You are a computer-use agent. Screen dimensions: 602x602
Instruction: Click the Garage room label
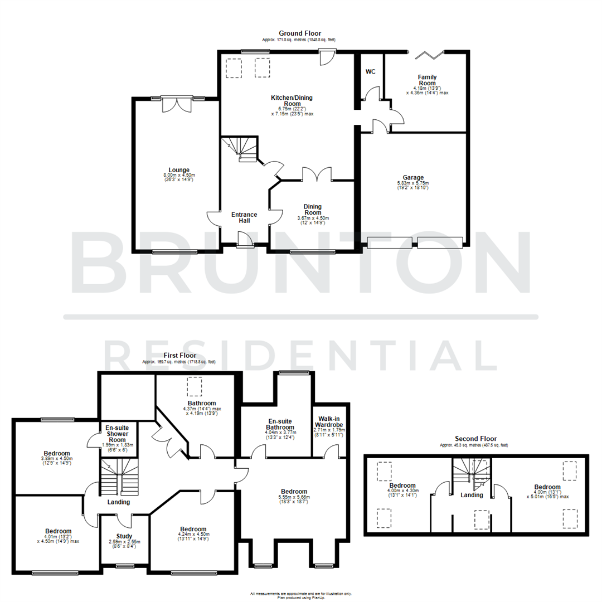pyautogui.click(x=414, y=177)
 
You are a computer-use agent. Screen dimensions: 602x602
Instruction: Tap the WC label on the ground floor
pyautogui.click(x=370, y=71)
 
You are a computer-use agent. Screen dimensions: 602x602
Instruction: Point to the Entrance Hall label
pyautogui.click(x=244, y=217)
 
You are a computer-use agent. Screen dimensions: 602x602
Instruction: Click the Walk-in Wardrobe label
pyautogui.click(x=329, y=422)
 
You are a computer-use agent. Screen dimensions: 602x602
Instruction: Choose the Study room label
pyautogui.click(x=124, y=536)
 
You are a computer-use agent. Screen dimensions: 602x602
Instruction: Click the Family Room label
pyautogui.click(x=428, y=80)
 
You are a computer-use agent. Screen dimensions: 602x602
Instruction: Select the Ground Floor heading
pyautogui.click(x=300, y=33)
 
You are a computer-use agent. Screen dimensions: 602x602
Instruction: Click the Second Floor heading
pyautogui.click(x=475, y=439)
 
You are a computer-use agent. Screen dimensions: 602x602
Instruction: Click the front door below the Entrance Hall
pyautogui.click(x=245, y=240)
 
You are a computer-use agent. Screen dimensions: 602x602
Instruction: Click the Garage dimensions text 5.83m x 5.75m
pyautogui.click(x=413, y=183)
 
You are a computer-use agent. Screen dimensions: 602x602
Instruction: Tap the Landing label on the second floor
pyautogui.click(x=471, y=494)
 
